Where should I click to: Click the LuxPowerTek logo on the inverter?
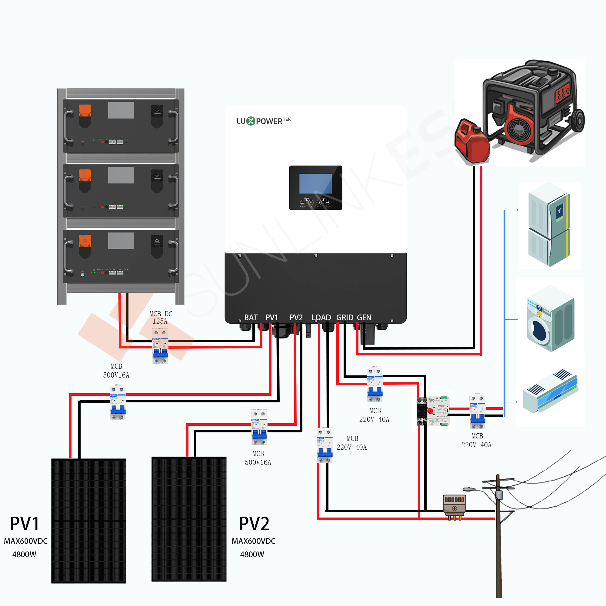[264, 121]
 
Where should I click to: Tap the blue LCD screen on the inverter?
[315, 184]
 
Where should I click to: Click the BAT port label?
[251, 318]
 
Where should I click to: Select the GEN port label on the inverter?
[364, 318]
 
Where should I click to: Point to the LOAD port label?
[321, 318]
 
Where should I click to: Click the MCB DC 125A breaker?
[160, 346]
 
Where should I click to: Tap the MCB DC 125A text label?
[161, 318]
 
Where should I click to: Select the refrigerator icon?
[549, 224]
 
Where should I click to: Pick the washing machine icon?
[550, 318]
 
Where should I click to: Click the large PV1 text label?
[25, 524]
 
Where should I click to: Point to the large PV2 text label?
[254, 524]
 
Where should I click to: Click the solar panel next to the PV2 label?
[189, 519]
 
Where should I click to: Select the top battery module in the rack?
[121, 126]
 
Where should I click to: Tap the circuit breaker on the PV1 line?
[118, 402]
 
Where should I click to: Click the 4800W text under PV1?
[24, 554]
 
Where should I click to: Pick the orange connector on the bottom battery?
[85, 241]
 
